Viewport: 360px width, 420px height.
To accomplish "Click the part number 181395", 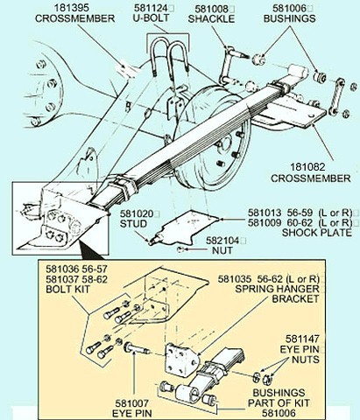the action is point(70,8).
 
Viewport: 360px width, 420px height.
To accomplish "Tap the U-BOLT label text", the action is point(151,18).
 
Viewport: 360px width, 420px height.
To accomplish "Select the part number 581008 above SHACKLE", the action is point(212,9).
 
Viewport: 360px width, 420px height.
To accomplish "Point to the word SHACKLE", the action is point(211,19).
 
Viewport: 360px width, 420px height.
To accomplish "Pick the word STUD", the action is point(133,224).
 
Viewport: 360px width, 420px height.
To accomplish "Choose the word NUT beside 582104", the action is point(222,250).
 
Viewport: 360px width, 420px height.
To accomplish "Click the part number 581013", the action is point(265,213).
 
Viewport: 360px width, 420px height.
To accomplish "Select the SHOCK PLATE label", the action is point(317,233).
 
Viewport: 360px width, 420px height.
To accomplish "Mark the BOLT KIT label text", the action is point(67,290).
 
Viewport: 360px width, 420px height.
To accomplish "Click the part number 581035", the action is point(234,279).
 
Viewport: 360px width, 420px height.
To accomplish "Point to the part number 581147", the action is point(302,339).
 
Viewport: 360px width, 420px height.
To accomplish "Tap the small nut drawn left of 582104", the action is point(180,249).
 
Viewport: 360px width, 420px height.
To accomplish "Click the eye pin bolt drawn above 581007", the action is point(137,348).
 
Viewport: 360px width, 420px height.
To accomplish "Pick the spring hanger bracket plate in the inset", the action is point(181,360).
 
